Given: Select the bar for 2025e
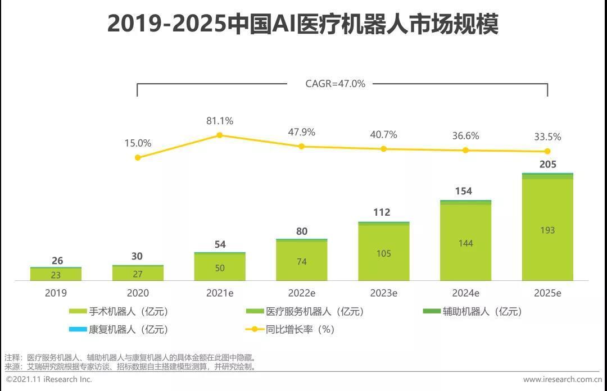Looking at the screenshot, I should pos(547,228).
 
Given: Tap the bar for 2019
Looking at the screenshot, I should pos(56,274).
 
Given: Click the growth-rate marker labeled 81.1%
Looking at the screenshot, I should pos(220,135).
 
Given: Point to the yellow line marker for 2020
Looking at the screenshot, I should pos(138,158).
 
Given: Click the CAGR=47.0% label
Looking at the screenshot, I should pos(335,84).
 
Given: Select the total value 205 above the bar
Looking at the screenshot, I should pos(547,164).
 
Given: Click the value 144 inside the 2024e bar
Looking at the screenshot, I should pos(465,243).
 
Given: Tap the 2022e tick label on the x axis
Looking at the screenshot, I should pos(302,293).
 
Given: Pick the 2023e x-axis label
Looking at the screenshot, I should pos(384,293).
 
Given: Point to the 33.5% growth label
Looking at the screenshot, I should pos(547,137).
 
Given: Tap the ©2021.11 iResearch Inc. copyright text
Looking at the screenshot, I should pos(49,380).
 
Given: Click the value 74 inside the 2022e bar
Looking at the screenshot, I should pos(302,262).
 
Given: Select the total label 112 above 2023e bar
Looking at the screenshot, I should pos(384,212).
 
